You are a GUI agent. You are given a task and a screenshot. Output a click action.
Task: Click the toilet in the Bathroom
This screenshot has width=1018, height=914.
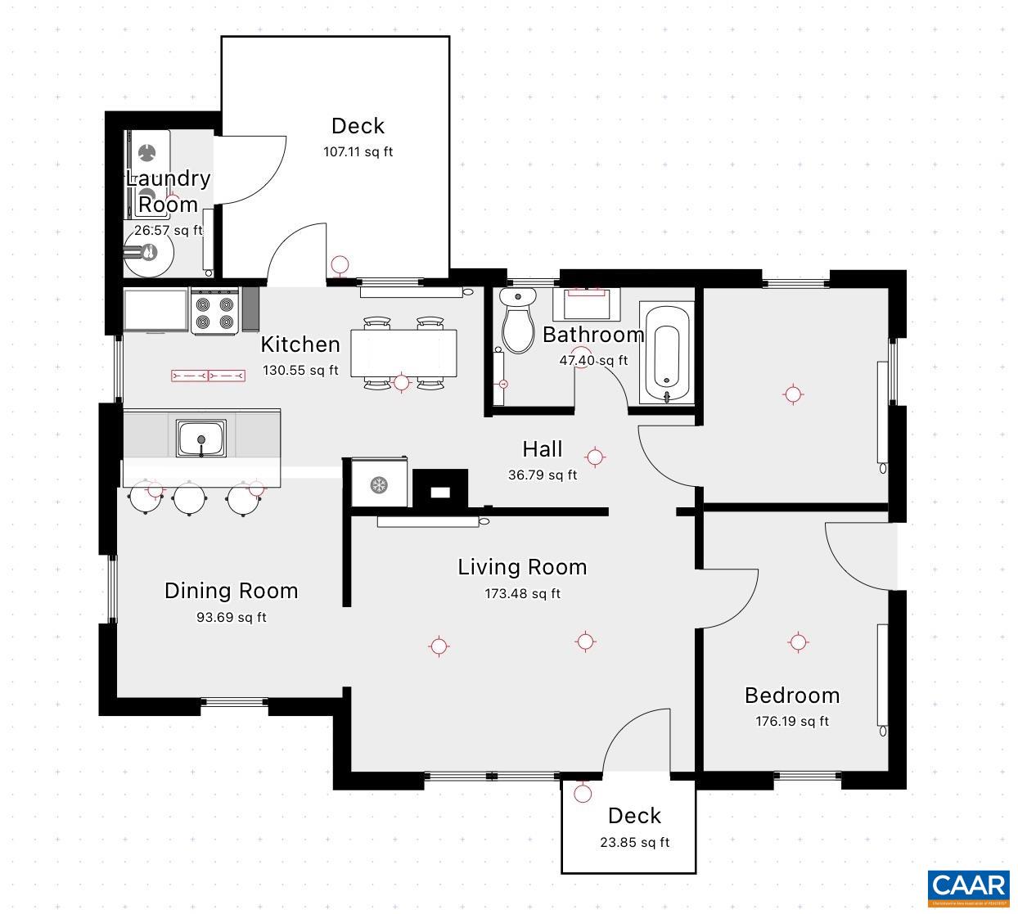(516, 322)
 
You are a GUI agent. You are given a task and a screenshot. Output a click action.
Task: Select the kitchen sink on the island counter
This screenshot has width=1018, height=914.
(201, 438)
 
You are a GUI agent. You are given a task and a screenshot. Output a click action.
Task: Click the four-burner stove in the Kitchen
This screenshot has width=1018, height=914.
(215, 312)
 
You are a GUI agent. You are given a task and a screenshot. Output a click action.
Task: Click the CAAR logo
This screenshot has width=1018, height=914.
(968, 887)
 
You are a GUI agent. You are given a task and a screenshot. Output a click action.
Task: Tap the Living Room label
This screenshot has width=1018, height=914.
(522, 567)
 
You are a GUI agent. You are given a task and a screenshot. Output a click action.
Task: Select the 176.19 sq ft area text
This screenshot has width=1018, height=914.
(791, 722)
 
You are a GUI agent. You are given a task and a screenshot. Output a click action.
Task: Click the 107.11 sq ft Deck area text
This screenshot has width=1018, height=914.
(358, 152)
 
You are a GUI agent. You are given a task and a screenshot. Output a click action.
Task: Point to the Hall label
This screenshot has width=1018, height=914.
(542, 449)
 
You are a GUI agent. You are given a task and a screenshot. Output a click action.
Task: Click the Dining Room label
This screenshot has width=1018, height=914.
(231, 591)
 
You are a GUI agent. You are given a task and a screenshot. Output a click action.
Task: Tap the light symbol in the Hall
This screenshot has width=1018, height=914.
(595, 457)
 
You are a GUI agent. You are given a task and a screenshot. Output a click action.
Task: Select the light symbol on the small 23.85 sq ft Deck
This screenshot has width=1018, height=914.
(583, 793)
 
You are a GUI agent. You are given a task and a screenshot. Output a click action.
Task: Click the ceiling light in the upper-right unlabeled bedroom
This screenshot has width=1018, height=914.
(792, 394)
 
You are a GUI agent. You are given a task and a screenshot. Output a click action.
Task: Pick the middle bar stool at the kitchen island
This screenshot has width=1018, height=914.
(189, 498)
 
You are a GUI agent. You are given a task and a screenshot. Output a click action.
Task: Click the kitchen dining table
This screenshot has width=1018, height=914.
(403, 353)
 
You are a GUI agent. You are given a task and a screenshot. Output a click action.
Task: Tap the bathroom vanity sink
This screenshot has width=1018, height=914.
(586, 304)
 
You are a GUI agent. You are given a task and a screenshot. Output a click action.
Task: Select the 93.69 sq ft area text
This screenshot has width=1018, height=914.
(231, 618)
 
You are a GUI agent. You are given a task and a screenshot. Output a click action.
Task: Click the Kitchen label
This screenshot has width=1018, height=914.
(300, 344)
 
